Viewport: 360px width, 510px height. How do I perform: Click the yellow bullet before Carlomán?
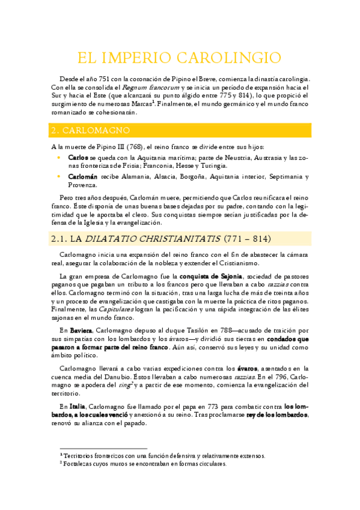coord(58,177)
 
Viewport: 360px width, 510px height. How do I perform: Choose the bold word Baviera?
coord(81,330)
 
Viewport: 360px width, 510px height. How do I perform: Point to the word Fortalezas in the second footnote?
coord(77,464)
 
